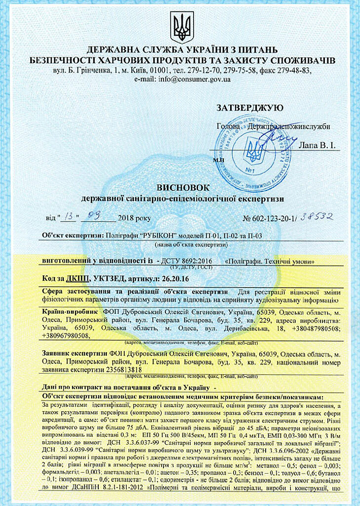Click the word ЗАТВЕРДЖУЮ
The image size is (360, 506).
point(249,108)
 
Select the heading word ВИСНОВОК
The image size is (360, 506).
point(179,187)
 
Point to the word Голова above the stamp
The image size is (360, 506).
point(229,127)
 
